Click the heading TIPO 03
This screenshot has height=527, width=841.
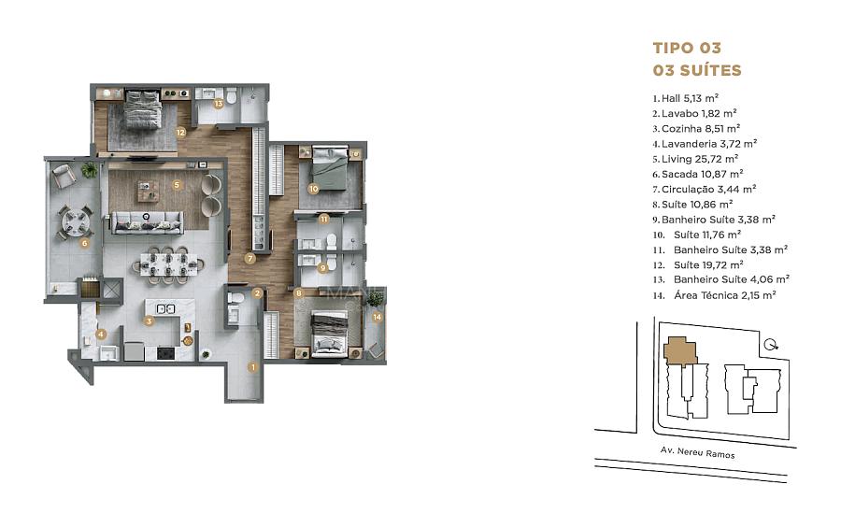click(x=687, y=49)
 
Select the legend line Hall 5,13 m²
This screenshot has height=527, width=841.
click(x=686, y=98)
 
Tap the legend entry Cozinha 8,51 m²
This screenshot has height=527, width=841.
click(x=696, y=129)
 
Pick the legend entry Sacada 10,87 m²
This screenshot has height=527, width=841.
click(x=698, y=174)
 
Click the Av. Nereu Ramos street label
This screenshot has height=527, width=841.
click(x=697, y=452)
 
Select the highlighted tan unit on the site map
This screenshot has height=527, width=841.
click(x=680, y=350)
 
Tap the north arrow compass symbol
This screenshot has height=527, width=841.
click(x=771, y=345)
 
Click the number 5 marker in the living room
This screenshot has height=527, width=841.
click(x=177, y=185)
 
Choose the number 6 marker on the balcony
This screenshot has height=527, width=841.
click(x=84, y=243)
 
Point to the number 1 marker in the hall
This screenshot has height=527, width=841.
click(x=252, y=367)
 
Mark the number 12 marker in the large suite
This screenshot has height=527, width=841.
click(x=180, y=133)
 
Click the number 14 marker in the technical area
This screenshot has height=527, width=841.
click(x=378, y=317)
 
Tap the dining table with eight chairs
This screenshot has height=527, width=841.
click(x=168, y=264)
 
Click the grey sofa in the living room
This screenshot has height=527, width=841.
click(x=148, y=222)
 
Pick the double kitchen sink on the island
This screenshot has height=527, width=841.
click(x=165, y=308)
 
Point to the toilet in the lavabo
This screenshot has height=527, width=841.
click(x=235, y=297)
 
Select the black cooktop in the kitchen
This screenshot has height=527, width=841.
click(x=165, y=353)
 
